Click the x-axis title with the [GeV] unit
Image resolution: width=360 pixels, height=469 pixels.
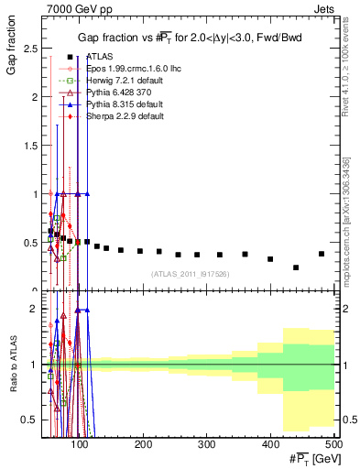tap(308, 458)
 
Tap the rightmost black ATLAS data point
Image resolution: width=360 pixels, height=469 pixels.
tap(321, 254)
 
